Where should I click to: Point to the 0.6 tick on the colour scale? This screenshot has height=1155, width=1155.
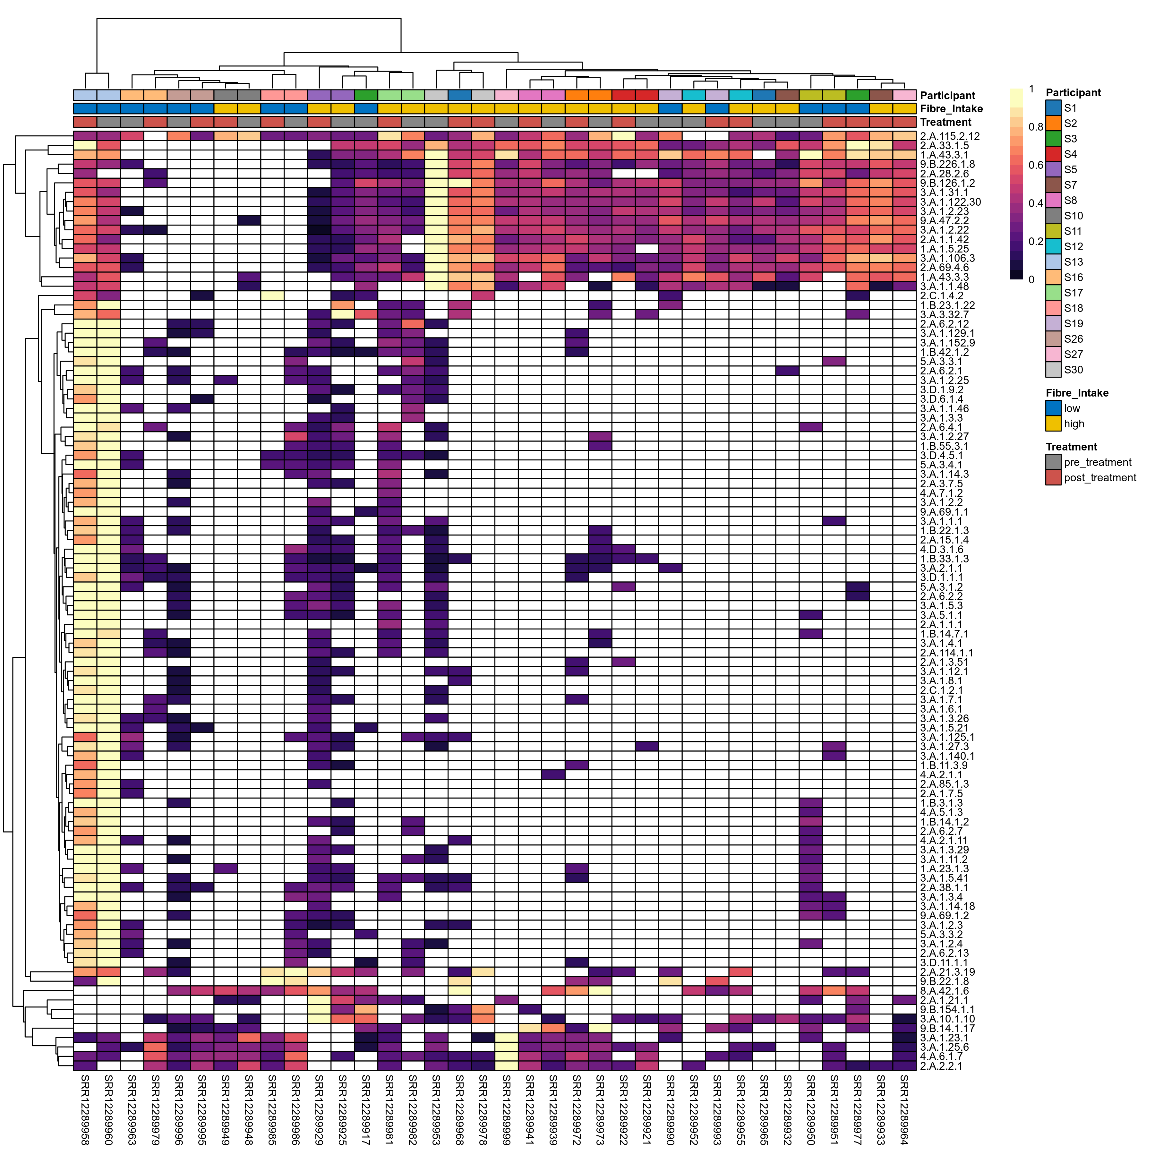[x=1035, y=165]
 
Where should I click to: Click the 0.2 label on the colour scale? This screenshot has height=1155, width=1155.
[x=1035, y=242]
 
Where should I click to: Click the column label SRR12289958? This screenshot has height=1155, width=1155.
[x=85, y=1109]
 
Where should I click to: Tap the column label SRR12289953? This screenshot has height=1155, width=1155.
[x=436, y=1109]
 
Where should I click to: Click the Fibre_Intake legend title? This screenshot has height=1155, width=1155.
[x=1077, y=393]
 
